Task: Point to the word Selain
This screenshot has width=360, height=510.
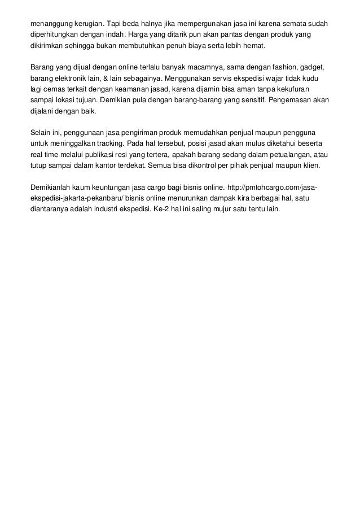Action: coord(40,132)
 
